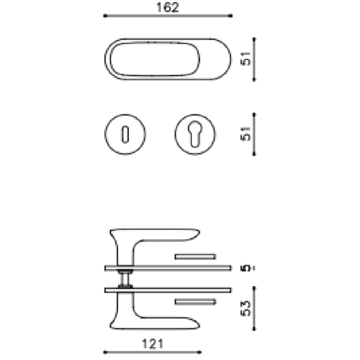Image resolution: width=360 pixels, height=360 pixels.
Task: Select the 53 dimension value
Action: (247, 308)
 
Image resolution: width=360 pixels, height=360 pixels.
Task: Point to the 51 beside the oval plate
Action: (247, 59)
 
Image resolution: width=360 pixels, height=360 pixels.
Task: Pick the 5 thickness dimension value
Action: (247, 268)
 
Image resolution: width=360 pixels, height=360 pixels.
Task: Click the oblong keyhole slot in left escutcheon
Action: (125, 134)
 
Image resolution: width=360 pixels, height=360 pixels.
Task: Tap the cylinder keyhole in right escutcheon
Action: (195, 134)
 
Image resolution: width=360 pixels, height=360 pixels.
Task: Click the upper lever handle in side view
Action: (158, 237)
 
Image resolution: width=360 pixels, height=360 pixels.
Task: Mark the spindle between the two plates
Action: (126, 279)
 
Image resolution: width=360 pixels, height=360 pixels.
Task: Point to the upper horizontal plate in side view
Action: (168, 268)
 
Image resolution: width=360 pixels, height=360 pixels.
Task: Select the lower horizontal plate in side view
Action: (168, 290)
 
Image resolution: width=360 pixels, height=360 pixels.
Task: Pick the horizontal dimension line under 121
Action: (152, 352)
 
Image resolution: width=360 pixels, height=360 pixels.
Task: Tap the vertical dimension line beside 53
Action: (255, 308)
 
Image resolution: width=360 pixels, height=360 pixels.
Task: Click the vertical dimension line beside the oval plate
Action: (255, 59)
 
